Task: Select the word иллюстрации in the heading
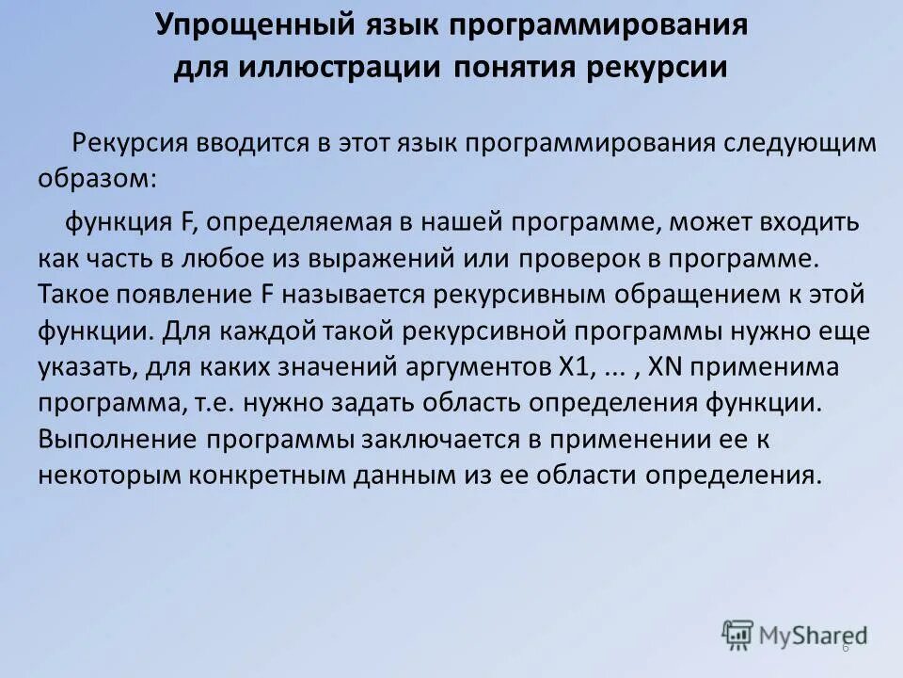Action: [x=339, y=69]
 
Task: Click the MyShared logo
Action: [x=795, y=635]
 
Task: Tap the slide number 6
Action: [x=845, y=648]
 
